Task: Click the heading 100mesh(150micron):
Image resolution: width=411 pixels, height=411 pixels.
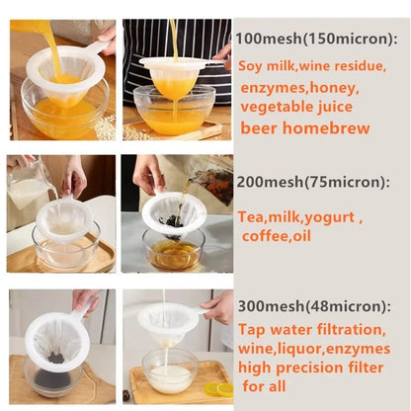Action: (x=316, y=39)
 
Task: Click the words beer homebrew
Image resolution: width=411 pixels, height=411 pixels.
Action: (x=304, y=127)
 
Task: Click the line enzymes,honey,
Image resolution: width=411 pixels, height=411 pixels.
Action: (x=292, y=87)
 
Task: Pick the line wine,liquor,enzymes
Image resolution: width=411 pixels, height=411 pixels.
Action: (x=313, y=349)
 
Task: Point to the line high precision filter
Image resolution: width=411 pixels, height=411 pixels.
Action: (x=313, y=369)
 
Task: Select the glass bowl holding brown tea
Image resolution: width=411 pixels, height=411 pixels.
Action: (x=173, y=252)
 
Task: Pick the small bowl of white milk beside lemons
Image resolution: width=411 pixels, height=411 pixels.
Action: (x=170, y=376)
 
